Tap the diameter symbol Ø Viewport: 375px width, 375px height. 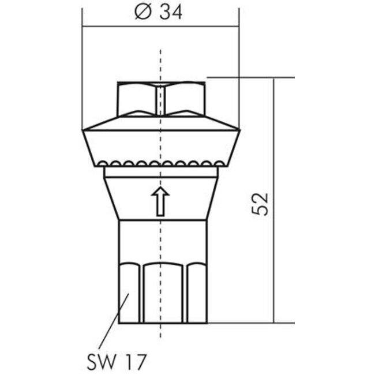click(x=141, y=12)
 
